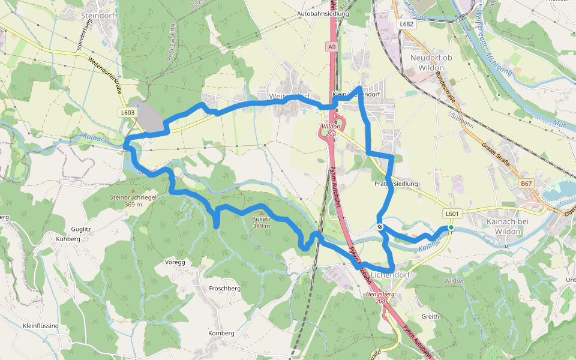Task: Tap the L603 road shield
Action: [128, 112]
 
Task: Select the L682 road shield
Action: [407, 24]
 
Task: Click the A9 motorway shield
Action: [332, 46]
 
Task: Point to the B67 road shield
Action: [526, 184]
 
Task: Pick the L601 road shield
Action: [452, 214]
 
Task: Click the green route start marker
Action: [451, 227]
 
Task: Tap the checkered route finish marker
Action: [380, 227]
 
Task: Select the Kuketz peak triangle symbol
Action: [261, 212]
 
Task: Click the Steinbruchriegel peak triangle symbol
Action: [133, 190]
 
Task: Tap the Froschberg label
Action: [224, 289]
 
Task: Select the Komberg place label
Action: [220, 333]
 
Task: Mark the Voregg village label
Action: [175, 262]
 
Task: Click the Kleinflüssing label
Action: [40, 325]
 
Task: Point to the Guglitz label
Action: [80, 229]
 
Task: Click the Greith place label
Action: [430, 316]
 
